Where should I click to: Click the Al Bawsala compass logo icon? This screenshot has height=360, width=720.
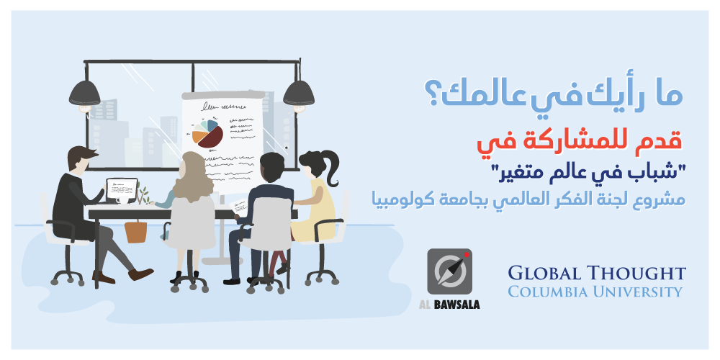click(449, 271)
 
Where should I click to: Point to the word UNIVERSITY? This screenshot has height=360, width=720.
click(630, 292)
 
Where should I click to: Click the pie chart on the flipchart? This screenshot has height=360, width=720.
click(207, 134)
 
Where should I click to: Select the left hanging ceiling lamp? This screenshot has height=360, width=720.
click(85, 92)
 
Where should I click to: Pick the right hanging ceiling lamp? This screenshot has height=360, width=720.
click(299, 92)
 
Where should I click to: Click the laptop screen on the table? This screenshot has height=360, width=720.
click(122, 189)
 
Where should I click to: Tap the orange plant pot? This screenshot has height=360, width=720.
click(136, 232)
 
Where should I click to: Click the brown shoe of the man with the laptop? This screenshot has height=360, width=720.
click(140, 274)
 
